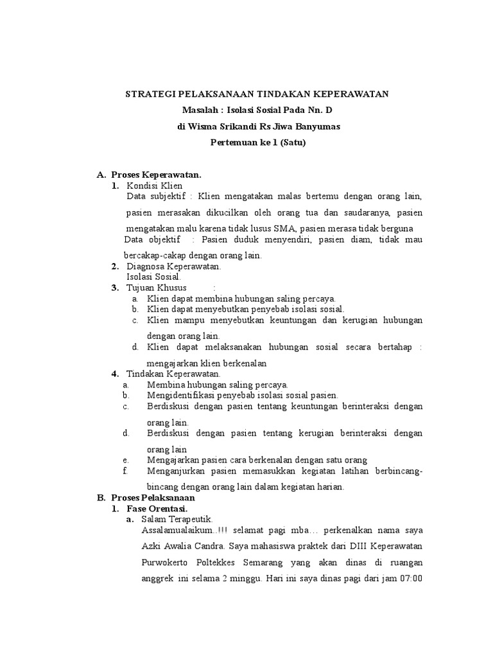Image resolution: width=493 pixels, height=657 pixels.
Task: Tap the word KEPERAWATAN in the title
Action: pos(354,94)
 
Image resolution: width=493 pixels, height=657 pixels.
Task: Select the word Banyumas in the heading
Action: pos(313,126)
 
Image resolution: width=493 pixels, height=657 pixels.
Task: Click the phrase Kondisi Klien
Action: pos(155,185)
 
